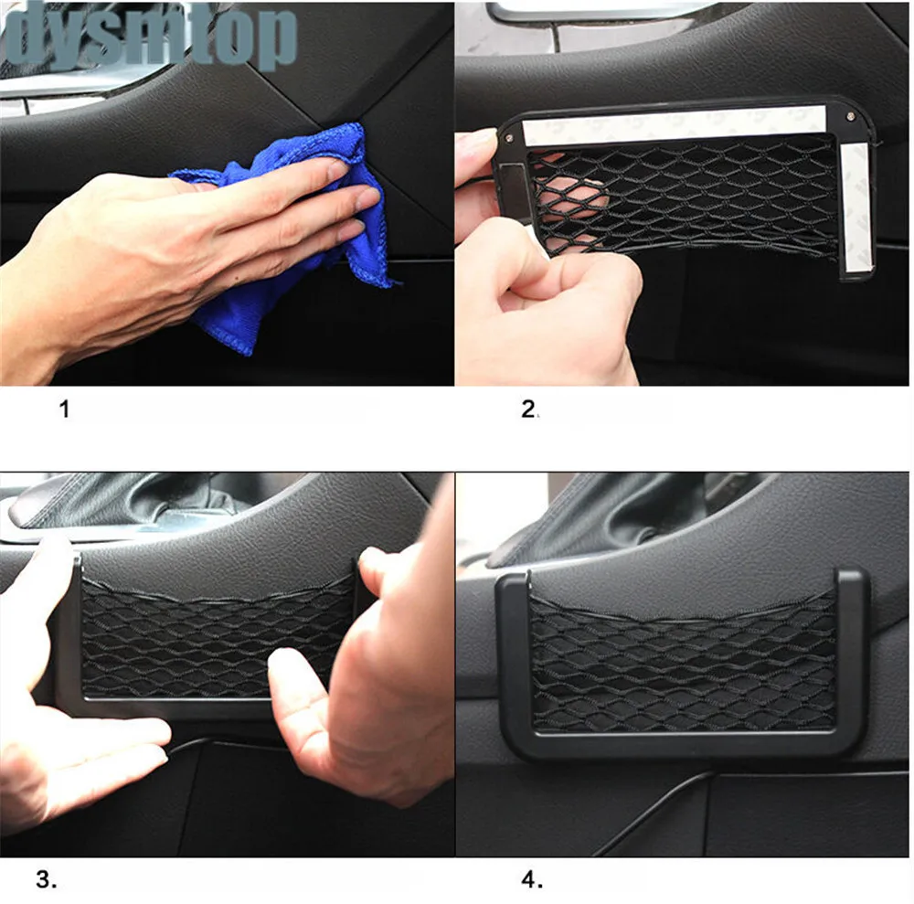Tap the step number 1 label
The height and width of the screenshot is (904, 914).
(x=64, y=409)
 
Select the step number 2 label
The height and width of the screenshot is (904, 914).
(x=528, y=409)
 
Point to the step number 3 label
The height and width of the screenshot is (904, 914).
(x=47, y=879)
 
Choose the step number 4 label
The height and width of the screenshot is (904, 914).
(x=532, y=879)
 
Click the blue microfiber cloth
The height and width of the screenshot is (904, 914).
(x=292, y=233)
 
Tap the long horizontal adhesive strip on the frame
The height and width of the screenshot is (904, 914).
(x=675, y=124)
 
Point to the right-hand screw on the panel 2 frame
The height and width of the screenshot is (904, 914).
(x=850, y=116)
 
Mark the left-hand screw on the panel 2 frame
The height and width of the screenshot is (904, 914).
(x=509, y=138)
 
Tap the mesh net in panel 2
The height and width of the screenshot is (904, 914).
(x=682, y=198)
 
